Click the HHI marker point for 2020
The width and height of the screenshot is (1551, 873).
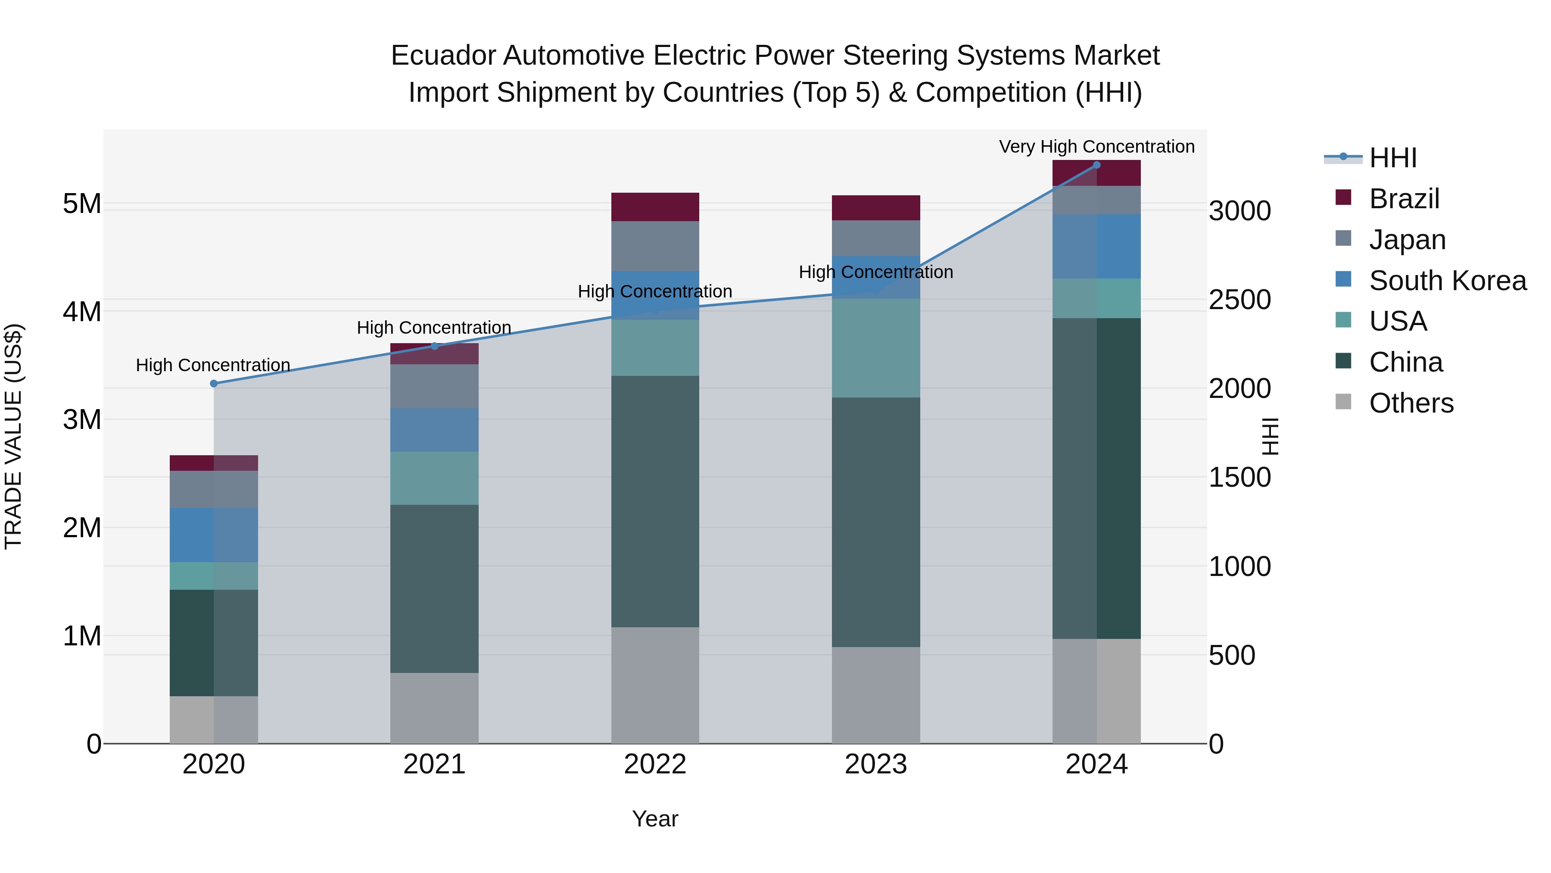coord(214,384)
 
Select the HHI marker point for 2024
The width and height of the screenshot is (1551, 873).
coord(1096,165)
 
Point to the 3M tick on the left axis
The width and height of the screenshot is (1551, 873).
coord(82,419)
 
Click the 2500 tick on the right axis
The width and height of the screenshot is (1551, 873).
coord(1240,300)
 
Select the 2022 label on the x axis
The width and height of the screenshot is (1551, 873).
coord(655,764)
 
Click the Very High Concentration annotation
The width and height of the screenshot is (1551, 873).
coord(1096,147)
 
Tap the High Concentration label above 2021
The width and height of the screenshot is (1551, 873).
coord(434,328)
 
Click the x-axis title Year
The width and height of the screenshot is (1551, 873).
coord(655,819)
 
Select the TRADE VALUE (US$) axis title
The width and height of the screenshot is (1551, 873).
coord(13,436)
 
